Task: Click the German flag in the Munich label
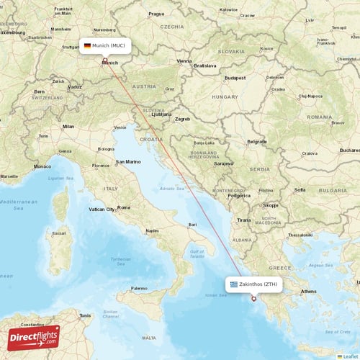(87, 45)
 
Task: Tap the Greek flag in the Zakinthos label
(234, 284)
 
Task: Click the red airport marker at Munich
(105, 60)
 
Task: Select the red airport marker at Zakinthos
(253, 299)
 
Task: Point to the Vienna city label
(184, 61)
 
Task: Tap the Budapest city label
(235, 76)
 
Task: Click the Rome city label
(124, 207)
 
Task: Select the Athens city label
(309, 292)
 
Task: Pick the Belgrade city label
(256, 142)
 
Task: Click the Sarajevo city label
(223, 163)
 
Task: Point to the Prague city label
(156, 14)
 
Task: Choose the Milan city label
(68, 126)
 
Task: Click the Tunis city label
(86, 315)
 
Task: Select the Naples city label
(152, 230)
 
